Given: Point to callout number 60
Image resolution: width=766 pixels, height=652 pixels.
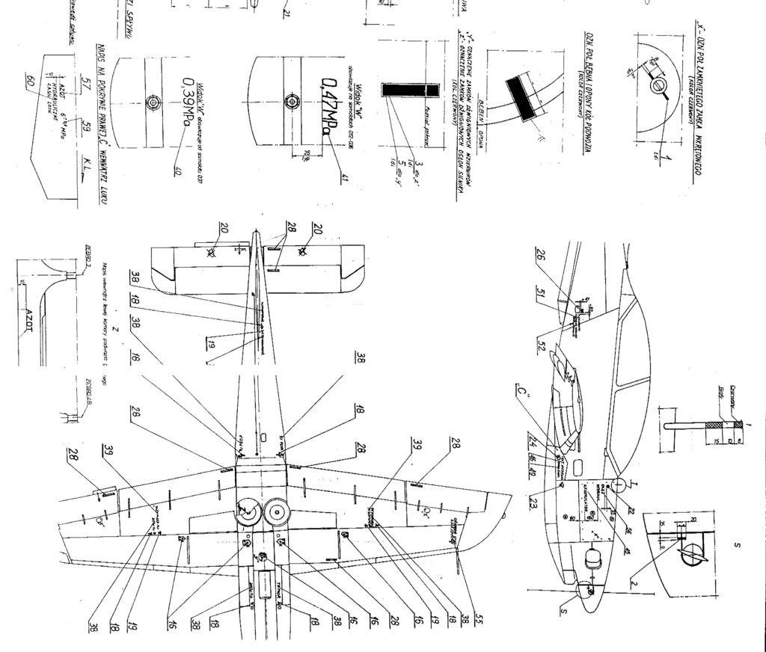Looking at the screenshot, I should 31,83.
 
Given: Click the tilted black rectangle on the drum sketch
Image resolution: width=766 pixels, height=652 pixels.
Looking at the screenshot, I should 520,98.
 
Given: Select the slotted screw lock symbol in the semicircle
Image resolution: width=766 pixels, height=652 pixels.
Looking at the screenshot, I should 658,87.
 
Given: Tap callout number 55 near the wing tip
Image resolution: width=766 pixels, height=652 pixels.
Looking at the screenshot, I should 470,621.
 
